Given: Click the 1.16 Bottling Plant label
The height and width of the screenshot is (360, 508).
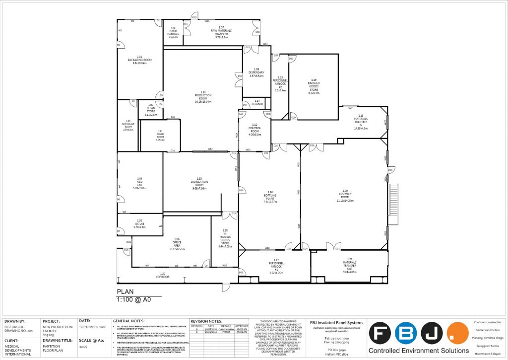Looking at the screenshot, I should tap(270, 197).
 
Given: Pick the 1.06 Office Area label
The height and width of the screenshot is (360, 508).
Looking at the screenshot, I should tap(177, 244).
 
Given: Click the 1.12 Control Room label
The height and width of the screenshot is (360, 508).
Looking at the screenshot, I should tap(254, 129).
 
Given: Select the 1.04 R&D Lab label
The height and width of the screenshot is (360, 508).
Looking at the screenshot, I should tap(140, 183).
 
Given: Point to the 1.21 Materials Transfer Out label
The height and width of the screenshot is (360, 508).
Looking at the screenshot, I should tap(349, 267).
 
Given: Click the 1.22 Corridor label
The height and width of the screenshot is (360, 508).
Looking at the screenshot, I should tap(163, 274).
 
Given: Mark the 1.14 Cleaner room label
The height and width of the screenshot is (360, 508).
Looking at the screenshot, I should tap(257, 102).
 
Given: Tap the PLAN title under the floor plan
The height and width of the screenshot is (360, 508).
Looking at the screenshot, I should tap(125, 292).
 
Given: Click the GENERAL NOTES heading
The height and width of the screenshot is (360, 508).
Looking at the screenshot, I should tap(131, 321).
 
